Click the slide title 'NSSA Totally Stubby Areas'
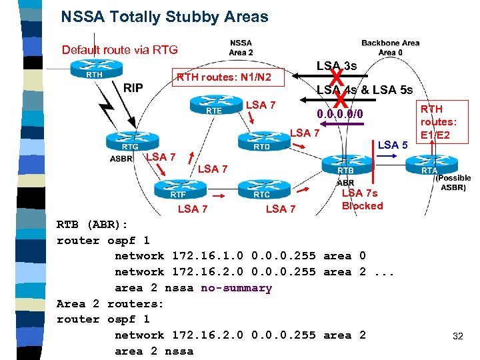(164, 17)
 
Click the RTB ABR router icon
(345, 165)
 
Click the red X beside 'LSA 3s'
(337, 75)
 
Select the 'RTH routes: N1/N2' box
(223, 78)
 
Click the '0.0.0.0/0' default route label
(340, 114)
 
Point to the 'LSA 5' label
(393, 145)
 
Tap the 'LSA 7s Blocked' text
(362, 199)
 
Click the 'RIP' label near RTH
(133, 88)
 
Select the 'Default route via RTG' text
(119, 49)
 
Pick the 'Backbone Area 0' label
(390, 47)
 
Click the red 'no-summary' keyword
(236, 288)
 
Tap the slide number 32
(457, 336)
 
